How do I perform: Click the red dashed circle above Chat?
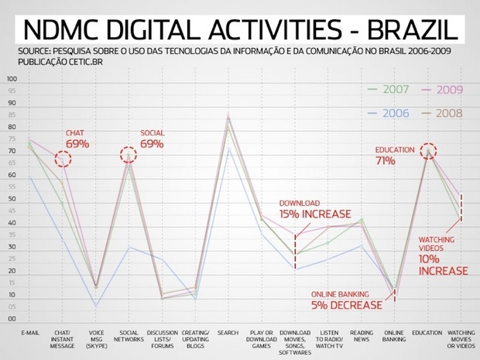click(x=63, y=159)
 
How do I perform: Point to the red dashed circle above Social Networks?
click(x=129, y=155)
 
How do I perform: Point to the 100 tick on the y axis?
click(x=12, y=79)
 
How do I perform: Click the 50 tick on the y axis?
click(x=12, y=199)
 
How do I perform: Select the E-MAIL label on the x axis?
click(x=30, y=333)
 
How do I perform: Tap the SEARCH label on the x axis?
click(x=228, y=333)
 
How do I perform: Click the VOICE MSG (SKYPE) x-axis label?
click(x=96, y=339)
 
